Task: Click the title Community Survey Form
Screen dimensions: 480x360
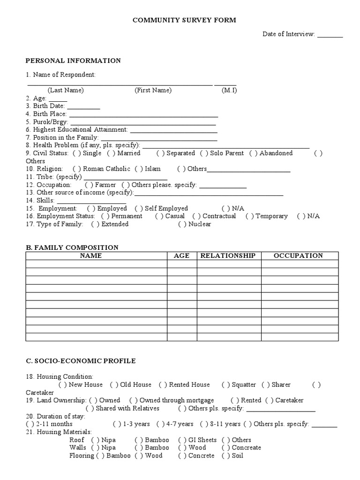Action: (x=184, y=20)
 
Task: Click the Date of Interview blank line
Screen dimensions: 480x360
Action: (x=330, y=35)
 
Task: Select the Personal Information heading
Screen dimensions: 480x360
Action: (x=73, y=60)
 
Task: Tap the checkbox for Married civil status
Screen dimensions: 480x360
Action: (x=111, y=153)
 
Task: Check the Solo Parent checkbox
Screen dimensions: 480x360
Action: (x=204, y=153)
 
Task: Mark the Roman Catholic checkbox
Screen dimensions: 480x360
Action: (x=76, y=169)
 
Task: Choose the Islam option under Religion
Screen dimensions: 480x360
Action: (x=139, y=169)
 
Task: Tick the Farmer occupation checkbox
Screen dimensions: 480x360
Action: (x=89, y=185)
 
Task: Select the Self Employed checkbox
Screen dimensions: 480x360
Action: (x=139, y=209)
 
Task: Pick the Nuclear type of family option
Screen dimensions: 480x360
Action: (x=182, y=225)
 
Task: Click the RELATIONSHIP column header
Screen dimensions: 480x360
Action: (x=228, y=256)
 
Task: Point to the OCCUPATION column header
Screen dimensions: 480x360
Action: (x=299, y=256)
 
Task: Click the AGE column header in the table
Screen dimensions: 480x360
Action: (x=181, y=256)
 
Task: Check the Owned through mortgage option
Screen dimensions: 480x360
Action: (x=133, y=401)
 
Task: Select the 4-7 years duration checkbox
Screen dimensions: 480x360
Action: (x=160, y=424)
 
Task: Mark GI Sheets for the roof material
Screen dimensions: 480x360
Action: (x=182, y=440)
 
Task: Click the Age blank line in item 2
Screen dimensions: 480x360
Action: (x=58, y=99)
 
